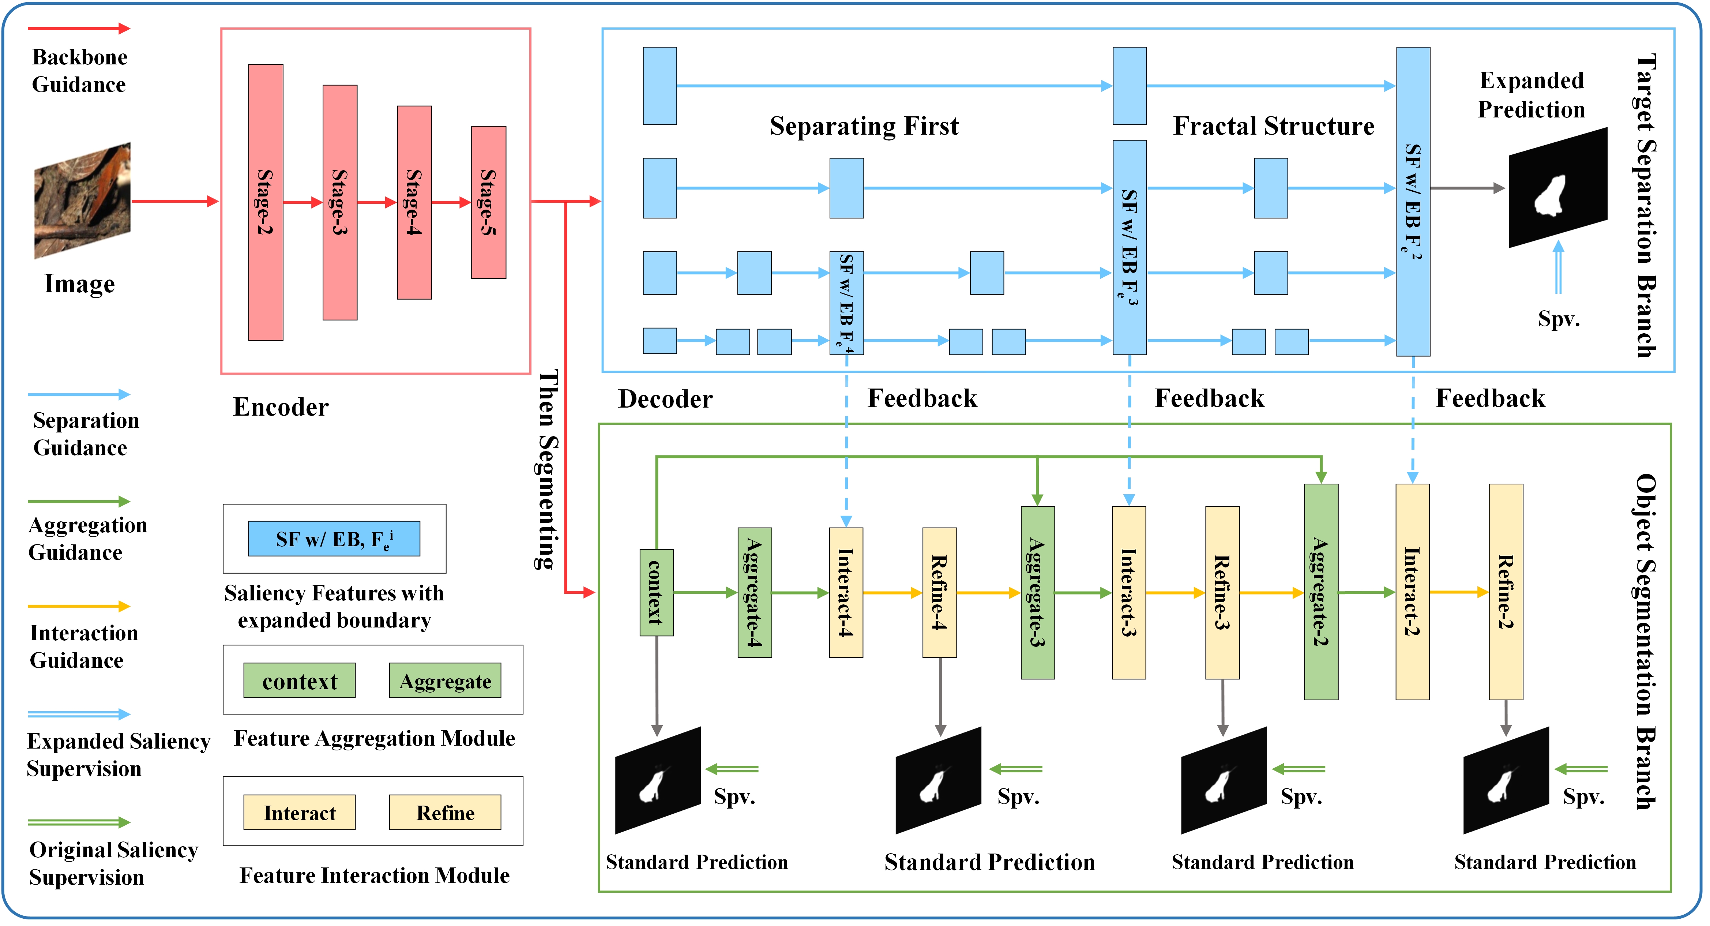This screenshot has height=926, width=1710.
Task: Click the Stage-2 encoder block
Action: (266, 202)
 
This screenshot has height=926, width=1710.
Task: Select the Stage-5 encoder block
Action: (489, 202)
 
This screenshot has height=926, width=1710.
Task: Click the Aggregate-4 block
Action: (754, 592)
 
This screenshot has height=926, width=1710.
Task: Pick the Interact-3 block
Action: (1128, 592)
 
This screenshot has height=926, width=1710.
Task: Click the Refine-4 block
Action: (939, 592)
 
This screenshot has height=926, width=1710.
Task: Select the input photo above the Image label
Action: (82, 200)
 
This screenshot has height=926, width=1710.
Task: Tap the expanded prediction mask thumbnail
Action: (1557, 188)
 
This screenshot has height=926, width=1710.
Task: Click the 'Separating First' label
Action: (864, 126)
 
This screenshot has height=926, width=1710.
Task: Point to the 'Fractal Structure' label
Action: (1273, 126)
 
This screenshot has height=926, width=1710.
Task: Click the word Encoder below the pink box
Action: (281, 407)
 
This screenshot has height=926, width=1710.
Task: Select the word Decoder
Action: (665, 399)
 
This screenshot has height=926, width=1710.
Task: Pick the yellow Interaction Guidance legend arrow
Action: (78, 606)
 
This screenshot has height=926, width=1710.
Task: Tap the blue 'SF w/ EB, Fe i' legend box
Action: (334, 538)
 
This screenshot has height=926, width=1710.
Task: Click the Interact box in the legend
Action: (299, 813)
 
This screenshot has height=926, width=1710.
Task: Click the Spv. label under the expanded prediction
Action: (1558, 319)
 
